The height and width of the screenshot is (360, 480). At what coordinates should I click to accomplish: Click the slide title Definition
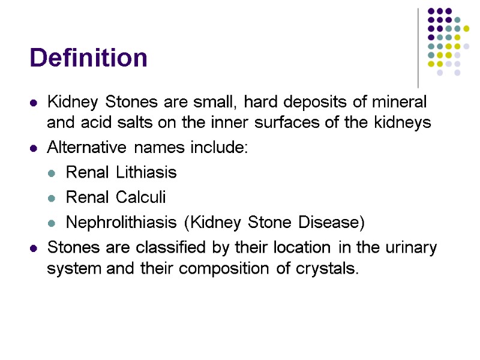point(88,58)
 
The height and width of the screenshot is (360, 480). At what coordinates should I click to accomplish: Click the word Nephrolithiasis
point(122,223)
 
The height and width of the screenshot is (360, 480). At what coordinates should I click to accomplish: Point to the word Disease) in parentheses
point(333,223)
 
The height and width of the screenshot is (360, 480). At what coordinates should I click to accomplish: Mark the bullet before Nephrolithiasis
point(52,223)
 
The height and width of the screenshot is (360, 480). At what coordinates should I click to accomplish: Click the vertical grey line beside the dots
point(418,48)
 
